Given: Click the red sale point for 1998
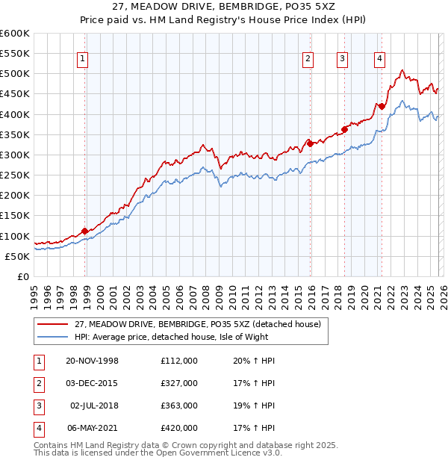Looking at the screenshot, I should [x=84, y=231].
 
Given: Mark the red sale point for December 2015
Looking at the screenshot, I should [x=310, y=144].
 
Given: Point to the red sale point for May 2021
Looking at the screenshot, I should [x=382, y=106].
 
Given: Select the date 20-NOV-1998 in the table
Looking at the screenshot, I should [x=93, y=360].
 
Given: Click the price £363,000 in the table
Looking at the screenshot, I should [x=179, y=405].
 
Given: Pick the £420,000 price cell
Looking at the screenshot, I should [x=179, y=429].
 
